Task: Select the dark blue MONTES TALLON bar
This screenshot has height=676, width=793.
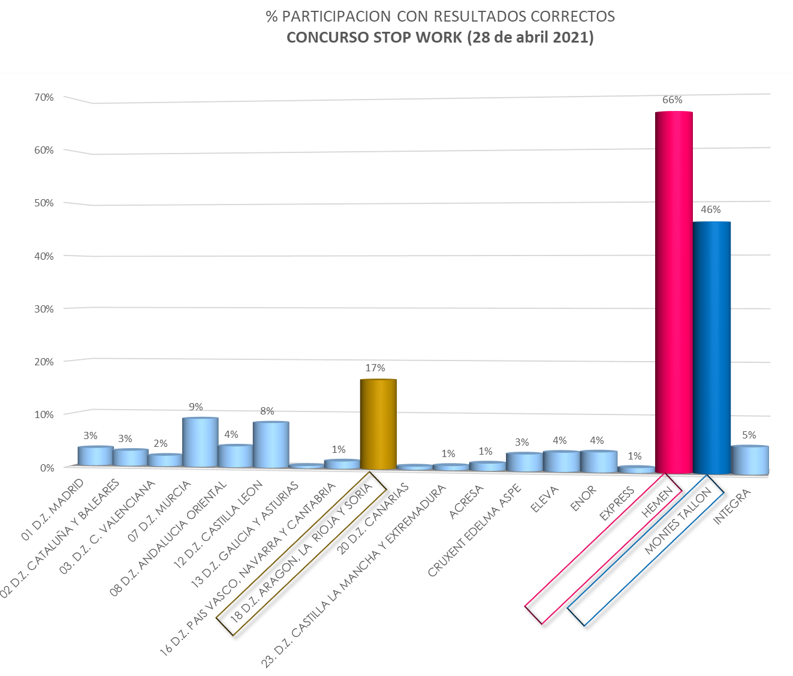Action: [711, 348]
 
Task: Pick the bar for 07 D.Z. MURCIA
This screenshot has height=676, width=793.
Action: [200, 443]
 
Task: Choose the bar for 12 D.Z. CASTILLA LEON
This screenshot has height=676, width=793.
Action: [271, 445]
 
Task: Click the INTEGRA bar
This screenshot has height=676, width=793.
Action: [749, 461]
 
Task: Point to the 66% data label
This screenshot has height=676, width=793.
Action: [673, 100]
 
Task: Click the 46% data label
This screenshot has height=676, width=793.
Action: [710, 210]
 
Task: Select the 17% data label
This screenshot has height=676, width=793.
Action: [375, 368]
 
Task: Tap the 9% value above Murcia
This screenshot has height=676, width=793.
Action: [196, 407]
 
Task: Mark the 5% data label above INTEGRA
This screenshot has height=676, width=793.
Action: [749, 435]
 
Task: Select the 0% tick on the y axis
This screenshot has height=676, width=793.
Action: [47, 468]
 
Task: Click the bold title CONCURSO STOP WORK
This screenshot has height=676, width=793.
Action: [440, 38]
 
